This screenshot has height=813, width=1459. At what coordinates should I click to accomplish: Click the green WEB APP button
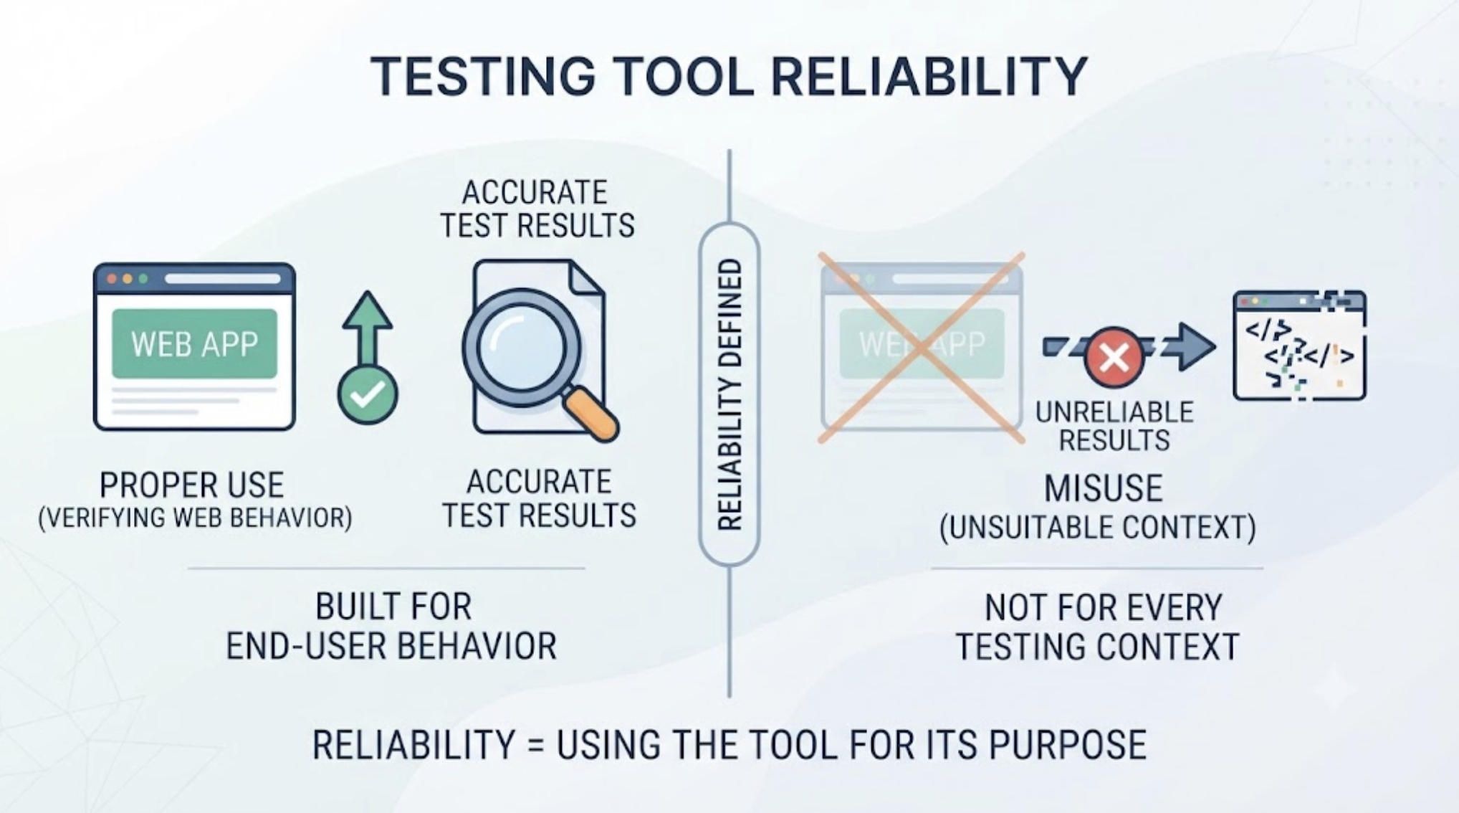point(194,343)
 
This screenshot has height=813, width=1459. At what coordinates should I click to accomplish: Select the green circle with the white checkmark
point(368,394)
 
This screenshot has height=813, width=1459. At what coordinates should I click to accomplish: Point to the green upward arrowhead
point(368,311)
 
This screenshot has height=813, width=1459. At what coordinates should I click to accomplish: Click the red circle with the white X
point(1114,356)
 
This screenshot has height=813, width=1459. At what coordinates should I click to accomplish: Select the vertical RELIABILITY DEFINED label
point(729,395)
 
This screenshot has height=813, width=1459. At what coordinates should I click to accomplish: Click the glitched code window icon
point(1299,345)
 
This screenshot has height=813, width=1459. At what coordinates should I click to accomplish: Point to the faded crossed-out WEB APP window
point(922,348)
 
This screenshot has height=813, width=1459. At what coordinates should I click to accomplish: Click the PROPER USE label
point(192,485)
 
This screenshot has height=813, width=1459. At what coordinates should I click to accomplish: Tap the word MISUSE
point(1103,489)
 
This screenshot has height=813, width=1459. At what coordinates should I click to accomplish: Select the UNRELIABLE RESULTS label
point(1114,426)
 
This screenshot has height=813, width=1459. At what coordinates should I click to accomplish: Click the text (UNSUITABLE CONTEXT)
point(1097,528)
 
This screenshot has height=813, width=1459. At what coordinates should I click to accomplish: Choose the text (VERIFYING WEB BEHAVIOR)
point(195,518)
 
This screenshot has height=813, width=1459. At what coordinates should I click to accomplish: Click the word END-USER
point(305,646)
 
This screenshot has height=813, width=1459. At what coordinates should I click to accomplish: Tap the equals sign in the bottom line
point(535,745)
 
